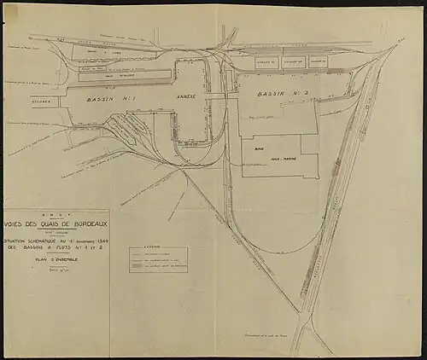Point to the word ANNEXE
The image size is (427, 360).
pos(185,96)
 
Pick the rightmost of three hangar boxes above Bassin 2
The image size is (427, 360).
pos(319,62)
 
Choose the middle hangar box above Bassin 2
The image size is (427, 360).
pos(293,62)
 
